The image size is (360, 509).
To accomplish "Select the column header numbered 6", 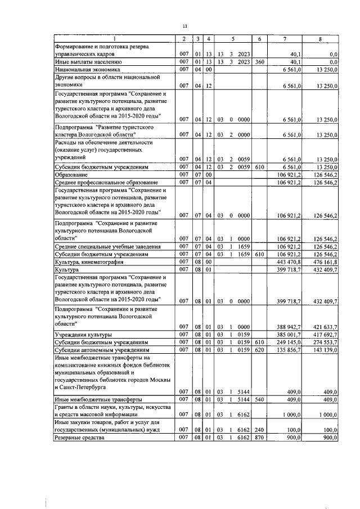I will [259, 39].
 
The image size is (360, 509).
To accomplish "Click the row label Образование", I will [71, 175].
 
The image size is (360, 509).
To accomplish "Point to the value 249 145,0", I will [290, 342].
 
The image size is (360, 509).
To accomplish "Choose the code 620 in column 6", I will [259, 349].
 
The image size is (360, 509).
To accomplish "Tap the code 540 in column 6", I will [259, 399].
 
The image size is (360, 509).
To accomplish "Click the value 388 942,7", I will [290, 327].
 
